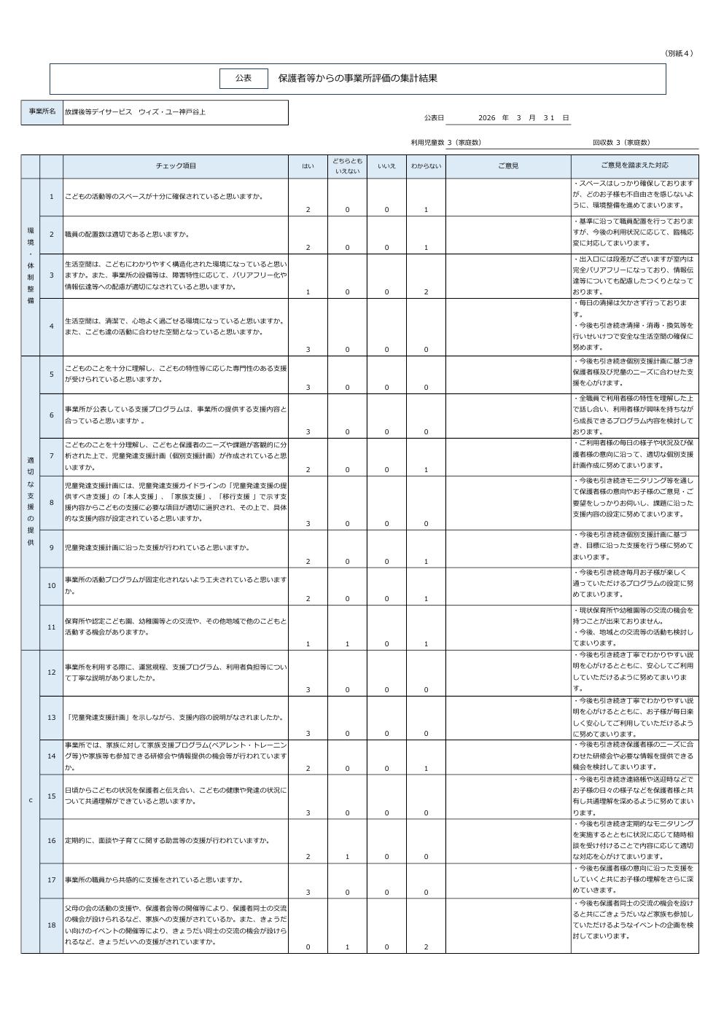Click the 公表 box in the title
(244, 78)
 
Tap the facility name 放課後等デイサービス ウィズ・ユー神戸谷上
(135, 112)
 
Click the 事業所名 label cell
(42, 112)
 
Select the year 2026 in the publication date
(486, 118)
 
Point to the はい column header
(308, 166)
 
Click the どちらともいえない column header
(347, 166)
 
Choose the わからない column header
(426, 166)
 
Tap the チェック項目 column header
(176, 166)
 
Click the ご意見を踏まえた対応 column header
(634, 166)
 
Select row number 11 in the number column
(51, 627)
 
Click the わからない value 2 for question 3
(426, 292)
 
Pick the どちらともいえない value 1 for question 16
(347, 857)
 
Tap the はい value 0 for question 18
(308, 947)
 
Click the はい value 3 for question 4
(308, 350)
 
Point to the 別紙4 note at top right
(679, 53)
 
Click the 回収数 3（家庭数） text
(620, 143)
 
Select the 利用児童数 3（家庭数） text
(445, 143)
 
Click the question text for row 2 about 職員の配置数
(128, 235)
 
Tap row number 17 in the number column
(51, 880)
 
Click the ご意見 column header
(508, 166)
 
